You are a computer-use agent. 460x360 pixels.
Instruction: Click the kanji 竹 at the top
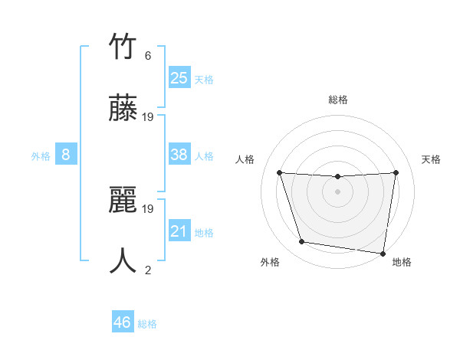tap(123, 47)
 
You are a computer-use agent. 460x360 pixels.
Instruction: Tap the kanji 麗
tap(123, 199)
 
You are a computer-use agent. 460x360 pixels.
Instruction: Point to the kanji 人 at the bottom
tap(123, 260)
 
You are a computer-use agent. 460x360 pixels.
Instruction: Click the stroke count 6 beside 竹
tap(148, 56)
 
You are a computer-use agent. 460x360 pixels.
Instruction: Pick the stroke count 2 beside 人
tap(148, 270)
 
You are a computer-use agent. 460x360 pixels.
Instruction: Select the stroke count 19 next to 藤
tap(148, 117)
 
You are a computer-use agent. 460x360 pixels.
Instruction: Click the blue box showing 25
tap(179, 77)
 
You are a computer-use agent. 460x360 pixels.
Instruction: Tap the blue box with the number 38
tap(179, 155)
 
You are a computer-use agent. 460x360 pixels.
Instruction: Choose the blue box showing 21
tap(179, 231)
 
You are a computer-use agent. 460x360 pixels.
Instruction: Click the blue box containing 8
tap(66, 155)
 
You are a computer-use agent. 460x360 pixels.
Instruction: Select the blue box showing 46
tap(122, 322)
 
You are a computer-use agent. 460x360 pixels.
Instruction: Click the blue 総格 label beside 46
tap(147, 324)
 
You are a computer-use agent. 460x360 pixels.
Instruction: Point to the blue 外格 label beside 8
tap(41, 156)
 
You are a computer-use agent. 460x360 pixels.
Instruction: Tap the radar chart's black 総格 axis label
tap(337, 100)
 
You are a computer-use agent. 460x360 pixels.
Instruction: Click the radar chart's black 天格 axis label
tap(431, 159)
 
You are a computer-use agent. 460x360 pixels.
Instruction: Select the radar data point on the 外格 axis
tap(302, 242)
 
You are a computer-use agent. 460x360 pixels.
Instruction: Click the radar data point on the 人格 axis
tap(280, 172)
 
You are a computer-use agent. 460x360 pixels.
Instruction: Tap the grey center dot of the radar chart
tap(337, 191)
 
